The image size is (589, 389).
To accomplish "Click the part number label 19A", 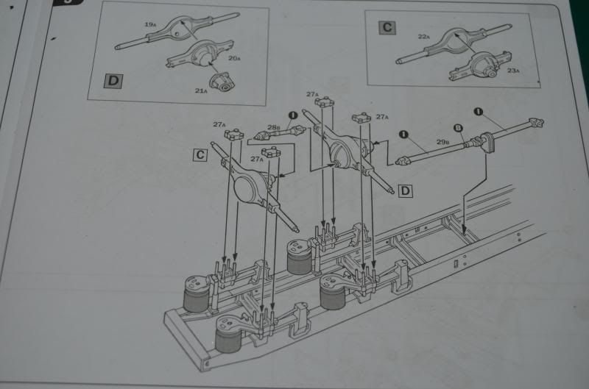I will click(x=149, y=25).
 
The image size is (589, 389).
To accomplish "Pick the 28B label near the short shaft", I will click(x=273, y=128).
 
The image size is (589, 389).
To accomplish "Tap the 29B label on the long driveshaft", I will click(x=442, y=140).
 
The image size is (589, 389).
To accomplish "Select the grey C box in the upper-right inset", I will click(x=387, y=29).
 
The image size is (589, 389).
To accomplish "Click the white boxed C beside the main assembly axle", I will click(x=200, y=155).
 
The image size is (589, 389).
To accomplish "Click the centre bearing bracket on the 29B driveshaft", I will click(x=487, y=140).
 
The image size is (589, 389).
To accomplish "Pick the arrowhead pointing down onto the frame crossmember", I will click(x=464, y=229).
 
